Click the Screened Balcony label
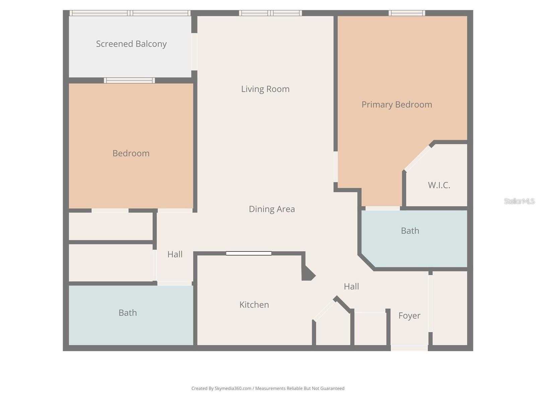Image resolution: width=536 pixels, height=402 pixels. [131, 44]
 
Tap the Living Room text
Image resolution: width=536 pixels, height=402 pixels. [265, 89]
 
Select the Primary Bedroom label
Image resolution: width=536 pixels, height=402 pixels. [397, 105]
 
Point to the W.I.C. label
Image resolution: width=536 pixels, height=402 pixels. [439, 185]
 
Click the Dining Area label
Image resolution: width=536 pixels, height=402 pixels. [272, 209]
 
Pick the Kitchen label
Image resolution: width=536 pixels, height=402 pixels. [254, 305]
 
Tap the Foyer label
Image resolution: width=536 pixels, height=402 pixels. [409, 316]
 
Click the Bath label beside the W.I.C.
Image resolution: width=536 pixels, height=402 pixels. [410, 230]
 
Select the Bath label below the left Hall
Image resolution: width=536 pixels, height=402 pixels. [128, 313]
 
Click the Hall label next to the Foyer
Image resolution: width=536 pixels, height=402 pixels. [351, 286]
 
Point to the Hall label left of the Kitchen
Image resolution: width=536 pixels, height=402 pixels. [175, 254]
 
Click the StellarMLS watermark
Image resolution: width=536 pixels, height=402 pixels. [519, 201]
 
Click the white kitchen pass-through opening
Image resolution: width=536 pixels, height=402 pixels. [249, 253]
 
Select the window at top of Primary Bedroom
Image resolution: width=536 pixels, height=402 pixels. [407, 13]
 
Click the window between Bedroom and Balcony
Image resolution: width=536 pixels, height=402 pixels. [129, 80]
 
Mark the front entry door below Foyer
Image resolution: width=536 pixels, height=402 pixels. [409, 348]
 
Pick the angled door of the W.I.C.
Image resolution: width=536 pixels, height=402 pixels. [417, 158]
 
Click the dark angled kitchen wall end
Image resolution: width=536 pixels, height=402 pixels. [308, 273]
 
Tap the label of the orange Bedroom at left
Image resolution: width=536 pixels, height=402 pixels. [131, 153]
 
